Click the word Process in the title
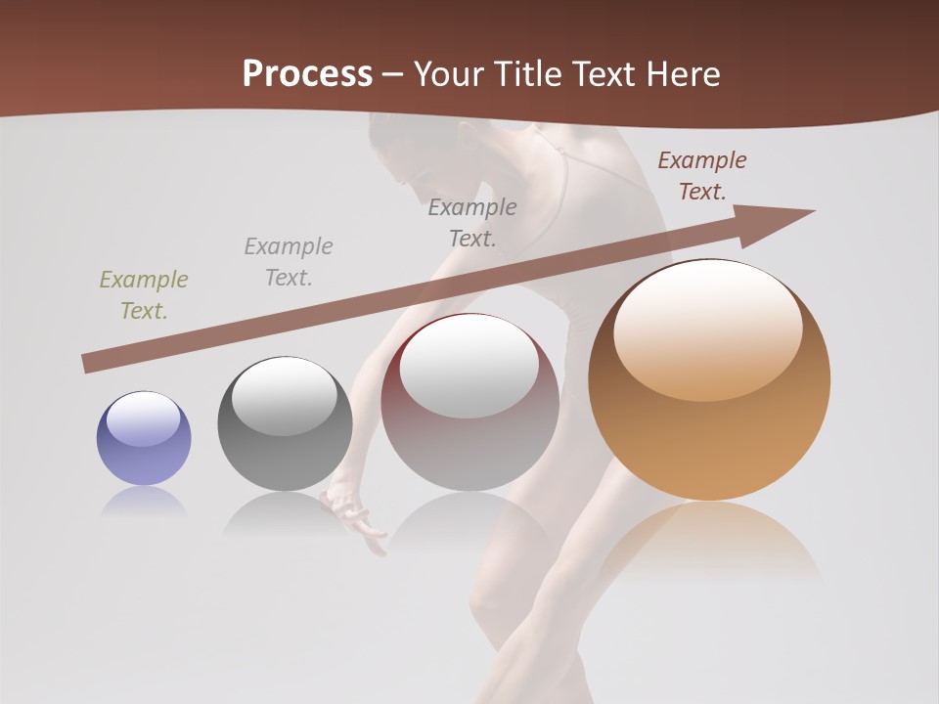(307, 74)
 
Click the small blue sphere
(144, 439)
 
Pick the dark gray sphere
(285, 423)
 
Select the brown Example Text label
(701, 176)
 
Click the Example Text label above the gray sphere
(288, 262)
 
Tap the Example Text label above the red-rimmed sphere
(472, 223)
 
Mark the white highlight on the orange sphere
(708, 330)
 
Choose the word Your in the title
(450, 74)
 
